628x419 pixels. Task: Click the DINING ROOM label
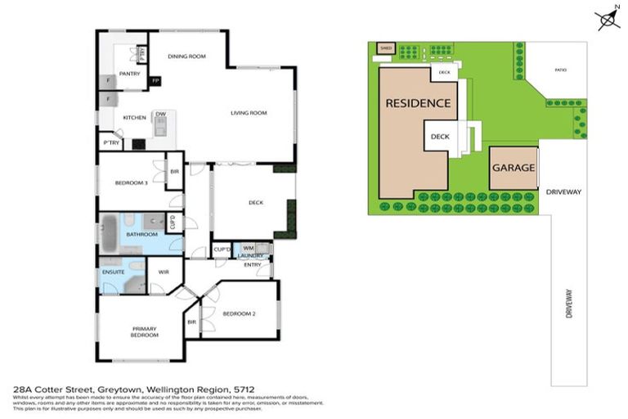coord(186,56)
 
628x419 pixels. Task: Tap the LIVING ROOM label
coord(249,113)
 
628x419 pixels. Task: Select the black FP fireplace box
coord(155,80)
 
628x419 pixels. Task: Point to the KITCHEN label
coord(134,118)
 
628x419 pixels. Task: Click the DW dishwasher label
coord(161,114)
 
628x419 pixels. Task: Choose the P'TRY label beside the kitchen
coord(110,143)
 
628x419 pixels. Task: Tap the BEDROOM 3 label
coord(131,182)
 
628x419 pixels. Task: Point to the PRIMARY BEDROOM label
coord(144,331)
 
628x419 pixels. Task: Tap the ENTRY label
coord(252,264)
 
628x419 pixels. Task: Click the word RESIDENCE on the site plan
coord(418,103)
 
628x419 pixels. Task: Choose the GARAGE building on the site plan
coord(514,168)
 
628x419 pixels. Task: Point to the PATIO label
coord(560,70)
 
